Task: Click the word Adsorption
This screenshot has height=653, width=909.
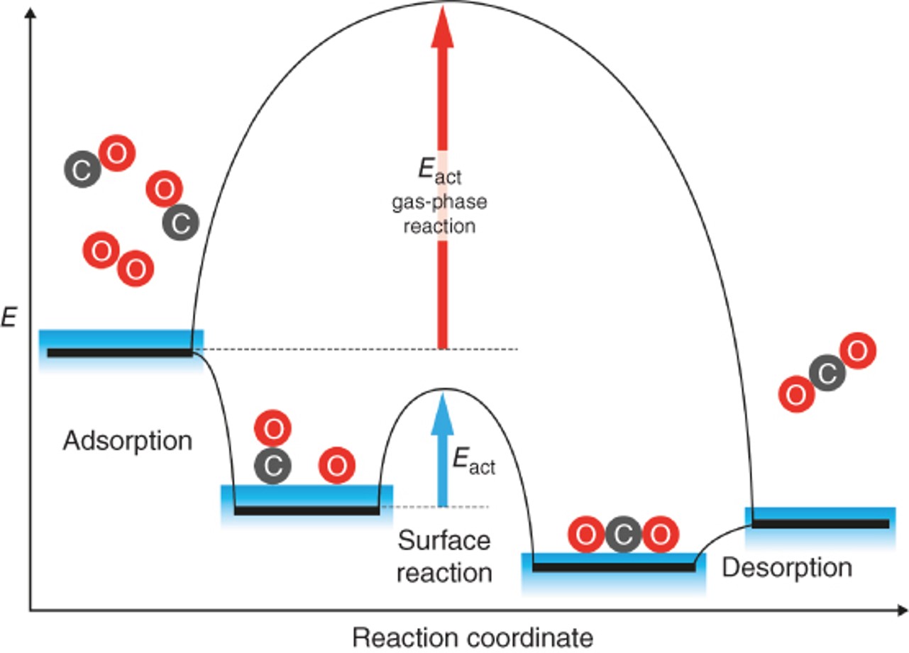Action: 128,441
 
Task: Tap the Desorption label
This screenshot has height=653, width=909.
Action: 787,567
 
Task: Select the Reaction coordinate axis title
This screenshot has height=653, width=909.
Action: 473,637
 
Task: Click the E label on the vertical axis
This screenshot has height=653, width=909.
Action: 9,318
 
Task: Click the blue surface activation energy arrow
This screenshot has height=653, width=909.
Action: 443,454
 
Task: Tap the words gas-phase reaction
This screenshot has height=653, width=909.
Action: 440,215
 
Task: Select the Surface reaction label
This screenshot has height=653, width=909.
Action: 444,556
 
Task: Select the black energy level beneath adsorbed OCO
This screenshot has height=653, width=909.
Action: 614,567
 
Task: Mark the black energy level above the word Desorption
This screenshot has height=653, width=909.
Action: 820,523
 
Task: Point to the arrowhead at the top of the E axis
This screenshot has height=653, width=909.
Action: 29,13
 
